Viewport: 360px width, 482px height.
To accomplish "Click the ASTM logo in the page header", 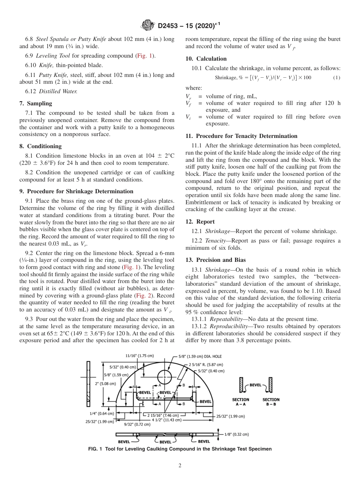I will pyautogui.click(x=147, y=25).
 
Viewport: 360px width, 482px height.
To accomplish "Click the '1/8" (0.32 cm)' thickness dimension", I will pyautogui.click(x=236, y=434).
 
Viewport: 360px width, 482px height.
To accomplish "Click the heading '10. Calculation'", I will pyautogui.click(x=206, y=59).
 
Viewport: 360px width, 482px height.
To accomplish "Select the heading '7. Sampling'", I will pyautogui.click(x=36, y=103).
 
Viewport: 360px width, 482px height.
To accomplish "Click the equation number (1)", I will pyautogui.click(x=336, y=78).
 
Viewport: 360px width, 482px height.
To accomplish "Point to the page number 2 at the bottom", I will pyautogui.click(x=180, y=466).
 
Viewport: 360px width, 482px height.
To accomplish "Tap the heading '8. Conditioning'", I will pyautogui.click(x=40, y=146).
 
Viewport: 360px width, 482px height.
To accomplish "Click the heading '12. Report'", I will pyautogui.click(x=200, y=222).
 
